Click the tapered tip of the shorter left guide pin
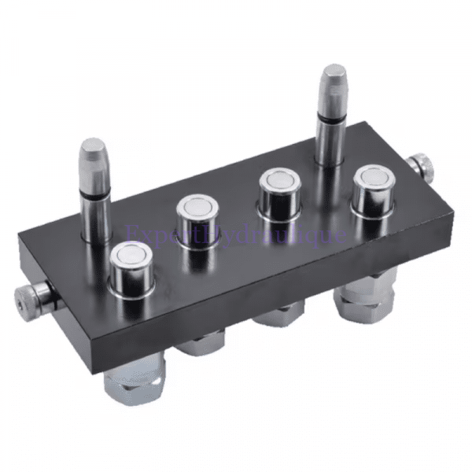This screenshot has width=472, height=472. pyautogui.click(x=93, y=147)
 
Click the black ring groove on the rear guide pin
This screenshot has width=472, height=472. pyautogui.click(x=328, y=120)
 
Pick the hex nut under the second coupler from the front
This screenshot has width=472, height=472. pyautogui.click(x=200, y=344)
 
